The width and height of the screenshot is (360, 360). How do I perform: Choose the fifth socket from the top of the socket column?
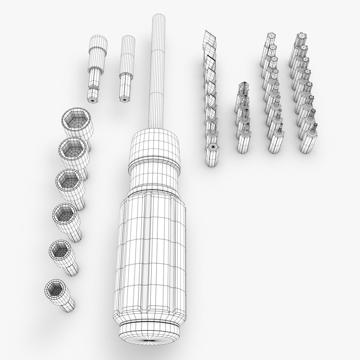[x=62, y=252]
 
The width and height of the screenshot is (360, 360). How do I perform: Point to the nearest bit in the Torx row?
[x=309, y=138]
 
